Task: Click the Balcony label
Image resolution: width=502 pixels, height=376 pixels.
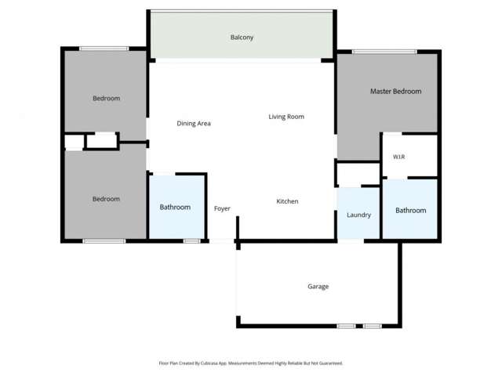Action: (242, 38)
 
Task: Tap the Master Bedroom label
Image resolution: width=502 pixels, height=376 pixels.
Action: (395, 92)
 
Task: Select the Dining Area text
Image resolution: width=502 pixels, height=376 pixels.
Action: (194, 123)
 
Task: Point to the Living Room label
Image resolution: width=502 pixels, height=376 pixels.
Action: (286, 117)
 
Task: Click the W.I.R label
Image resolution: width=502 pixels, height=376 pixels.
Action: (398, 157)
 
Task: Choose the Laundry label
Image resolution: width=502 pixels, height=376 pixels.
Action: (358, 215)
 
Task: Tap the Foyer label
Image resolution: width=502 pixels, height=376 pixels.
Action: (222, 208)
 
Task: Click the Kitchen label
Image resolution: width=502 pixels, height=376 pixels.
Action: (287, 201)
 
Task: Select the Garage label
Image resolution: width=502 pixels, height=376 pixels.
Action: (318, 287)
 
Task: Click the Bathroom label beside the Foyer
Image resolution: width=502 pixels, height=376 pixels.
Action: (175, 208)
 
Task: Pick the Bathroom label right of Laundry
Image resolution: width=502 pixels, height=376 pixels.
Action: (410, 210)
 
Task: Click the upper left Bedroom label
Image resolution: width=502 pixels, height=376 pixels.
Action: (106, 98)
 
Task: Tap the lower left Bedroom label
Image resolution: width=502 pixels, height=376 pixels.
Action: (106, 199)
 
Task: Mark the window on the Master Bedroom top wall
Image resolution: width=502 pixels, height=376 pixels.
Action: (384, 52)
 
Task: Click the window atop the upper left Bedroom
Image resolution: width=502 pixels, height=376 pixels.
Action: (104, 49)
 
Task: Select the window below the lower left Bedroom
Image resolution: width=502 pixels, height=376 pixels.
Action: (104, 241)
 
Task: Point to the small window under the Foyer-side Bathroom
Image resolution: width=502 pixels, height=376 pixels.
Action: (191, 241)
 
